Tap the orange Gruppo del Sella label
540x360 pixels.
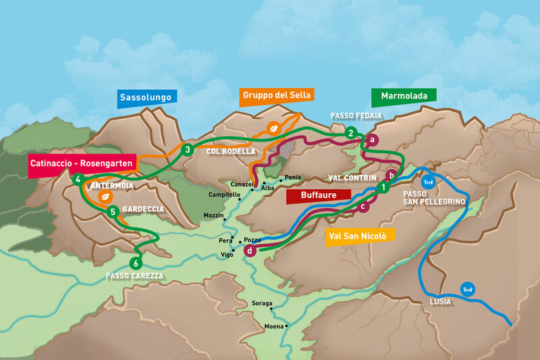(x=277, y=95)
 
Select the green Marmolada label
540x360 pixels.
(x=404, y=97)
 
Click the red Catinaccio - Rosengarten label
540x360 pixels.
(x=82, y=163)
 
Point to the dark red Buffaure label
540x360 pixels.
(x=319, y=195)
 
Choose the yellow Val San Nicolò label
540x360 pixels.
(x=360, y=236)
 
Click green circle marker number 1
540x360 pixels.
(x=384, y=187)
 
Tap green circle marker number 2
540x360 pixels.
(x=350, y=133)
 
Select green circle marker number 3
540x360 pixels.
(x=187, y=149)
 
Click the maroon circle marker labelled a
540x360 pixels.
(x=371, y=140)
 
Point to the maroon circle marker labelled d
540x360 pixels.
(x=250, y=251)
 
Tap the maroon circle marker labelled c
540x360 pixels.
(x=363, y=207)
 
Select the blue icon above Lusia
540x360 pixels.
(x=466, y=288)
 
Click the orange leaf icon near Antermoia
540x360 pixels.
(x=105, y=196)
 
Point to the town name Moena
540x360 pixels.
(x=274, y=326)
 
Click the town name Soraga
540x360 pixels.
(x=261, y=303)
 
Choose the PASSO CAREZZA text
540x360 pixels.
(x=134, y=276)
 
